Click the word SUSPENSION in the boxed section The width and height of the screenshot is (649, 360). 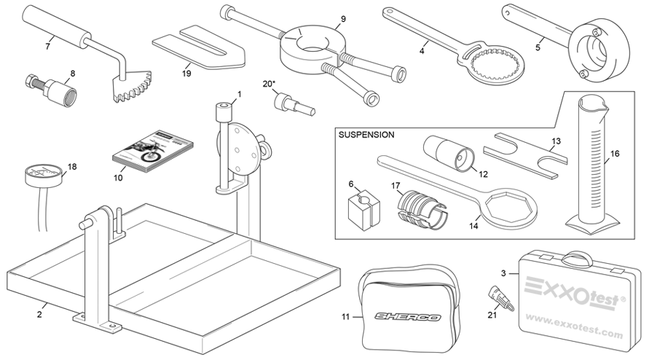[367, 135]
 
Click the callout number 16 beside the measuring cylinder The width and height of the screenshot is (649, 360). [615, 154]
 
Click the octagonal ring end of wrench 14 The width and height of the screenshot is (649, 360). [512, 204]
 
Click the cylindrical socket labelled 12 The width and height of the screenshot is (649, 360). [450, 151]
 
